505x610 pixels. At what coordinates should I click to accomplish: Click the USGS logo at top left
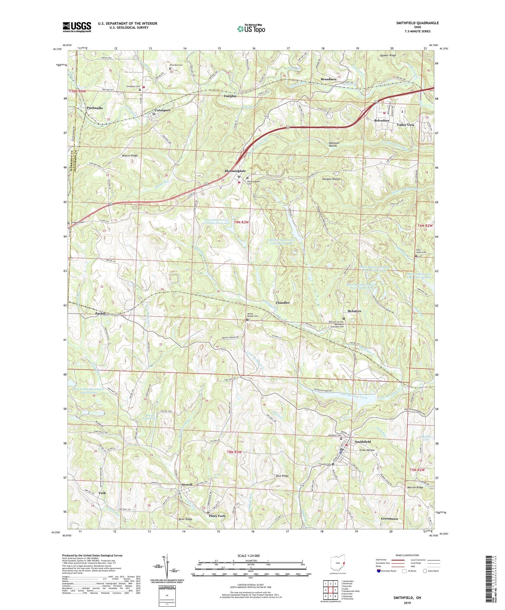click(77, 27)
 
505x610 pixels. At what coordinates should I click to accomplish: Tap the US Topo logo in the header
click(251, 29)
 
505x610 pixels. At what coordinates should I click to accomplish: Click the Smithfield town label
click(363, 441)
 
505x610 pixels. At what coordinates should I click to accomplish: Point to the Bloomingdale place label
click(235, 171)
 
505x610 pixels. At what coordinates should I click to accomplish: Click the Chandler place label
click(282, 302)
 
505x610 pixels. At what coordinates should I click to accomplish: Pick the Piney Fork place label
click(217, 516)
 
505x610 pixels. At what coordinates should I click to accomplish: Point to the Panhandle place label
click(95, 108)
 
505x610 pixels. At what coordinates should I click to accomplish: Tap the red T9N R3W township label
click(241, 222)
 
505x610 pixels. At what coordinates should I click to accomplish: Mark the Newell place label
click(187, 485)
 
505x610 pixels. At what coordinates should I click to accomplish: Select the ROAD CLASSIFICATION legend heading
click(407, 555)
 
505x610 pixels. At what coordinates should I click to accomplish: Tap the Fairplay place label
click(230, 96)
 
